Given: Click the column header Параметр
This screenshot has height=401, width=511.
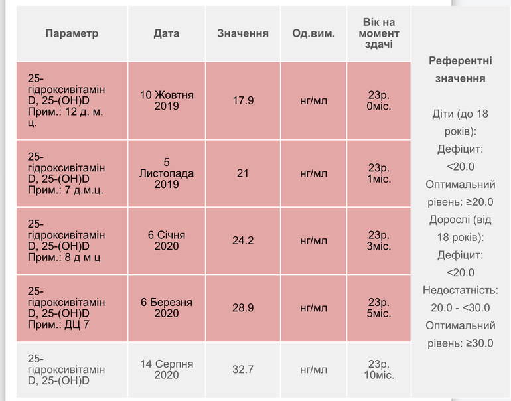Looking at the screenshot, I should (x=72, y=33).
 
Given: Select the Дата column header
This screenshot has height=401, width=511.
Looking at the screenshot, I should (x=166, y=33).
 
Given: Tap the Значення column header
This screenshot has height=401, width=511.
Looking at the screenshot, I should (x=243, y=33).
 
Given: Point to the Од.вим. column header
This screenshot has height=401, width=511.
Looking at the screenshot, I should (x=314, y=33).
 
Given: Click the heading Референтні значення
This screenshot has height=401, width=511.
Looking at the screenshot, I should (x=461, y=70).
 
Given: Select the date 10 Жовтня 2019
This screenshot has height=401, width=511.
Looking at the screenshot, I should (x=167, y=100).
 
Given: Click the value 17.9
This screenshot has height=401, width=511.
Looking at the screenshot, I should (x=243, y=101).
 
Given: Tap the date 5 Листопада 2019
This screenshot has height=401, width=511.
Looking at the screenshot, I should (x=167, y=173).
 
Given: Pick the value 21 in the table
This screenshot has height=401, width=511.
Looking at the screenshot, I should (x=243, y=173).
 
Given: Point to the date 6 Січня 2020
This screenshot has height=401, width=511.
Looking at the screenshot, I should (x=167, y=240).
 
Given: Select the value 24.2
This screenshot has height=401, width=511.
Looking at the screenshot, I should (x=243, y=240).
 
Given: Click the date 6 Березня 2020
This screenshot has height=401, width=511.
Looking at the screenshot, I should (x=167, y=307).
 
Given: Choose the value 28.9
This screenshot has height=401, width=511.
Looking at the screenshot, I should (x=243, y=308).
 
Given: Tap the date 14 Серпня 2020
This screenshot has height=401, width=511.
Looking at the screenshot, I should (x=167, y=369).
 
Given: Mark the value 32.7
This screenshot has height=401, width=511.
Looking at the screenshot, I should (x=243, y=370).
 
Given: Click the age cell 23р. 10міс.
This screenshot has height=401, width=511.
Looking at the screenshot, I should (x=379, y=370).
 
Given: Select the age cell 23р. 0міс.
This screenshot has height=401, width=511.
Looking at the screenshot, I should (x=379, y=101).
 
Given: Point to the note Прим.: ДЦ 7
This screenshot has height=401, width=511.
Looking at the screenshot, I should (x=58, y=324).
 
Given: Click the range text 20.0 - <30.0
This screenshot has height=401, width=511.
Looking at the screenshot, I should (x=461, y=308).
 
